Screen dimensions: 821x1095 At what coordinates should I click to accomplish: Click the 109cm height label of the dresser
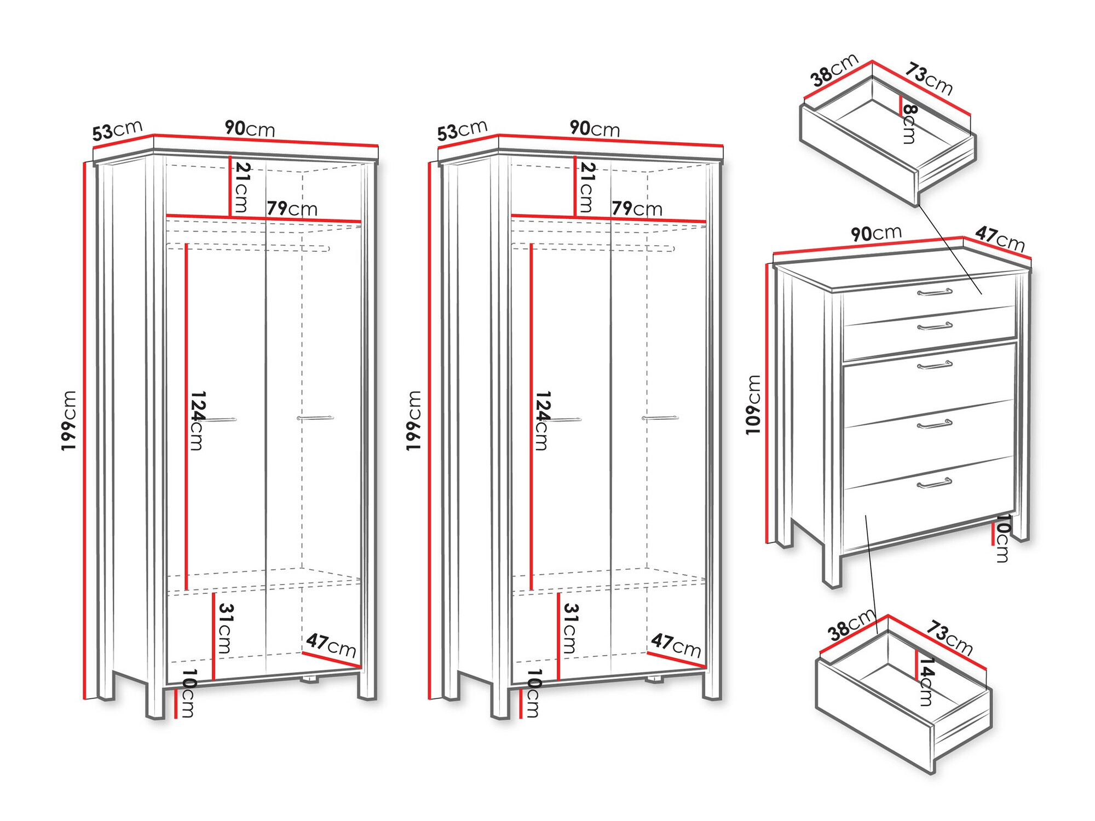pyautogui.click(x=753, y=404)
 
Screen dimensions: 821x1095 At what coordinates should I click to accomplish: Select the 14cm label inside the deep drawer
pyautogui.click(x=926, y=681)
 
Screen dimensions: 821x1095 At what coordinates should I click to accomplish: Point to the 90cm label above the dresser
pyautogui.click(x=875, y=233)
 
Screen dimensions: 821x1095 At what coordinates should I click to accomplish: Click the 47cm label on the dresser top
pyautogui.click(x=1000, y=239)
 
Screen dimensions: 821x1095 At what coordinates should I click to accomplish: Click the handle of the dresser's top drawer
pyautogui.click(x=935, y=292)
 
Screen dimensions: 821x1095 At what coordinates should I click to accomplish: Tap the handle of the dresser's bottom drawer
pyautogui.click(x=934, y=483)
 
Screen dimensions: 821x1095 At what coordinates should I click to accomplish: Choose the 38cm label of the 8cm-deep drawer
pyautogui.click(x=834, y=71)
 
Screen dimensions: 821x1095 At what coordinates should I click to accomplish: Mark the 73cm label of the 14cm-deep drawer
pyautogui.click(x=949, y=638)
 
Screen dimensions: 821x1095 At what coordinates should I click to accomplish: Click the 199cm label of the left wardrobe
pyautogui.click(x=69, y=420)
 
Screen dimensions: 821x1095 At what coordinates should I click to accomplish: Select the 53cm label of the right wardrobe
pyautogui.click(x=462, y=130)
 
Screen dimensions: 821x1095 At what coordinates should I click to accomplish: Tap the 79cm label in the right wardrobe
pyautogui.click(x=637, y=208)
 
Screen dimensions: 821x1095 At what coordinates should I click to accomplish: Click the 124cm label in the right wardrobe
pyautogui.click(x=541, y=420)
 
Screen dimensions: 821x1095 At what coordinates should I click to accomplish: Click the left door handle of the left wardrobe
pyautogui.click(x=221, y=419)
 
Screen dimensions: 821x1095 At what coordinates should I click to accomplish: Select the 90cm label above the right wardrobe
pyautogui.click(x=595, y=129)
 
